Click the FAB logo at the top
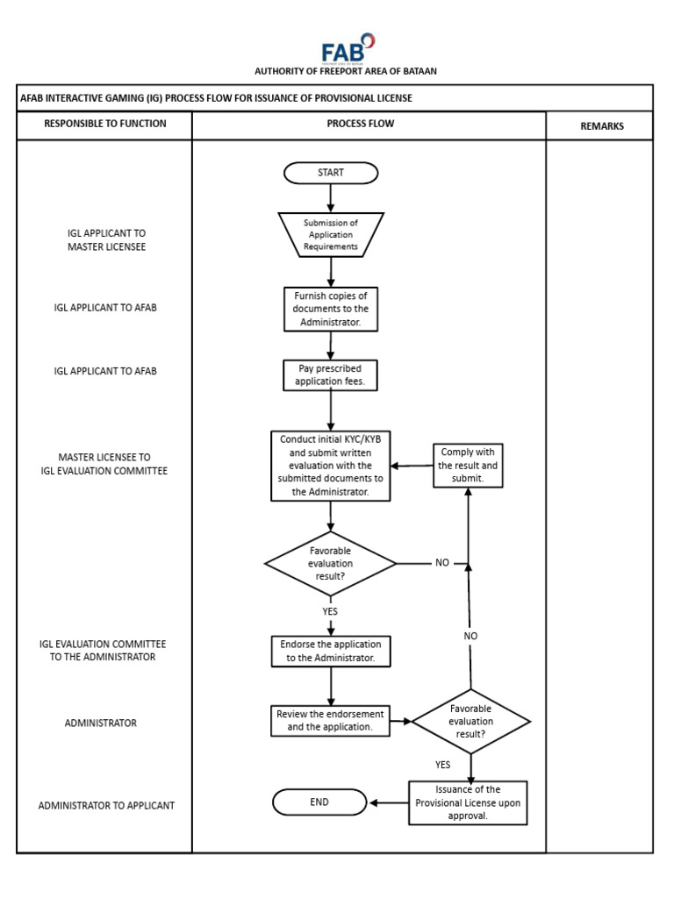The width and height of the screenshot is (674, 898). tap(348, 48)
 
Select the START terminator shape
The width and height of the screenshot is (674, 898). tap(331, 173)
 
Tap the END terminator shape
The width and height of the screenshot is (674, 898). tap(319, 802)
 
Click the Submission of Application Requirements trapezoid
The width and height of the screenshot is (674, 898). tap(331, 235)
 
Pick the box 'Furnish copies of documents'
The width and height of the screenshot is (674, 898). tap(331, 310)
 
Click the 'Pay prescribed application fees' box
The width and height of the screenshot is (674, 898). tap(330, 375)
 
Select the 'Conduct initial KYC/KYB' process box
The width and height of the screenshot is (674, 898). tap(330, 466)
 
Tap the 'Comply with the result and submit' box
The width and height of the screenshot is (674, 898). tap(468, 466)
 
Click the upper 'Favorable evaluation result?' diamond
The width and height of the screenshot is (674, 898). tap(330, 563)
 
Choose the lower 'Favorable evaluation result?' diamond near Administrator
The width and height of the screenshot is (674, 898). tap(471, 722)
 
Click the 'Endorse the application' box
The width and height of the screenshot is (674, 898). tap(330, 651)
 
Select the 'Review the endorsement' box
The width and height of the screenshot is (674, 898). tap(330, 720)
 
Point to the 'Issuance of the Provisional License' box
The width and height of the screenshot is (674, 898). tap(468, 802)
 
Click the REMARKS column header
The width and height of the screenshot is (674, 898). tap(602, 126)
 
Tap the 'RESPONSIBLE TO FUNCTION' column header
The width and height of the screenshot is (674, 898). tap(105, 124)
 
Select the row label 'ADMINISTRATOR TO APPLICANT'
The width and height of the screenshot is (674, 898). tap(106, 805)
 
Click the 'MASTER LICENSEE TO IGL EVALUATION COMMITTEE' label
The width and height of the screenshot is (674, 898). tap(104, 464)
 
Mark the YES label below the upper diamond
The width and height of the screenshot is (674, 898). tap(330, 611)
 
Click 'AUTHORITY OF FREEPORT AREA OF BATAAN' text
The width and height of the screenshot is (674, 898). tap(345, 71)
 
